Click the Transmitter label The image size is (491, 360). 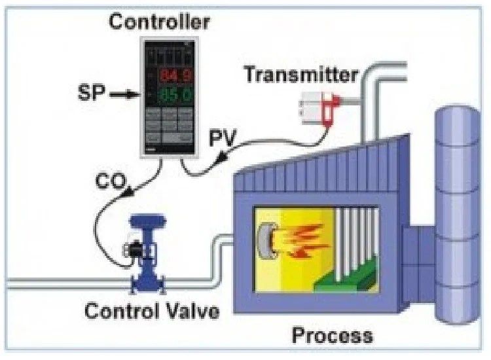click(x=300, y=73)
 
